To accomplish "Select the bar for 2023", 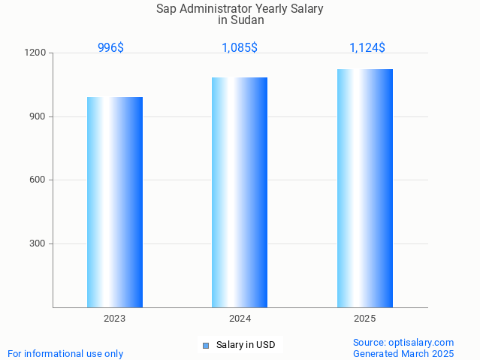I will pyautogui.click(x=115, y=202).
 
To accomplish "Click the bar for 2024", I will pyautogui.click(x=240, y=192).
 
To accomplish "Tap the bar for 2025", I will pyautogui.click(x=365, y=188).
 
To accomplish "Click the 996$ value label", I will pyautogui.click(x=110, y=48).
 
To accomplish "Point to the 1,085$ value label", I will pyautogui.click(x=240, y=48).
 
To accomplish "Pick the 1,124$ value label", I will pyautogui.click(x=367, y=48).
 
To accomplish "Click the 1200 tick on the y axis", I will pyautogui.click(x=36, y=53).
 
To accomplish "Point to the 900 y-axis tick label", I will pyautogui.click(x=38, y=116).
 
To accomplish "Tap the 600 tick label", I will pyautogui.click(x=38, y=180).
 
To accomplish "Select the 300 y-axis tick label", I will pyautogui.click(x=38, y=244).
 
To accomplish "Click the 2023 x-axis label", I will pyautogui.click(x=115, y=319).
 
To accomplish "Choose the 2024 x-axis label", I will pyautogui.click(x=240, y=319).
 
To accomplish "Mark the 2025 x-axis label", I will pyautogui.click(x=365, y=319).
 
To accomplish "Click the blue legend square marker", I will pyautogui.click(x=206, y=346).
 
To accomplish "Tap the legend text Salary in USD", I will pyautogui.click(x=246, y=346).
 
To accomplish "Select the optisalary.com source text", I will pyautogui.click(x=403, y=343).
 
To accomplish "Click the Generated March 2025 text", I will pyautogui.click(x=403, y=353).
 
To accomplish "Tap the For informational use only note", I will pyautogui.click(x=65, y=353).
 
